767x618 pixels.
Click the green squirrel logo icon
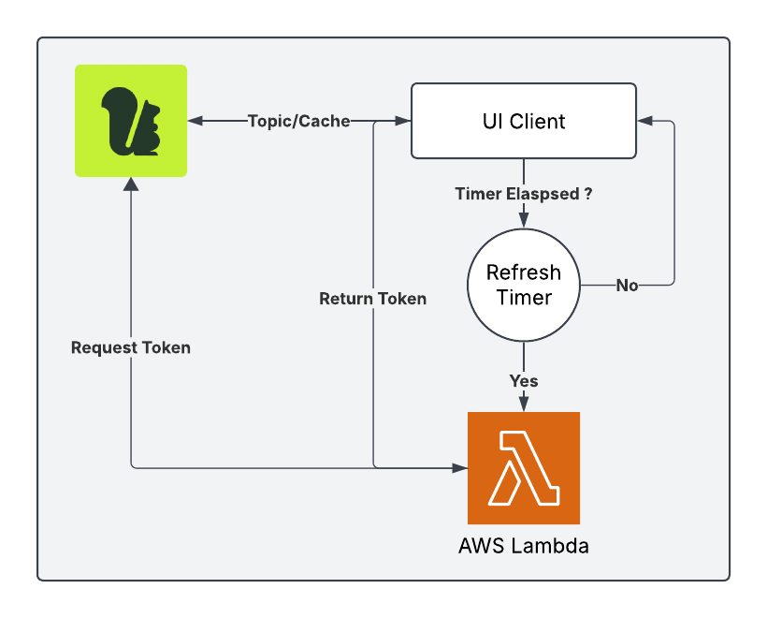click(131, 121)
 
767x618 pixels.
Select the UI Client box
click(524, 121)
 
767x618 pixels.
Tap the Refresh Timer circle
click(524, 285)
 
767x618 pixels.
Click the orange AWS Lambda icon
click(524, 467)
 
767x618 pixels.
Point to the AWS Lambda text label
click(524, 546)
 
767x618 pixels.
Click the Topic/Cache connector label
click(299, 121)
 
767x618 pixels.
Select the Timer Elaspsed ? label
click(524, 195)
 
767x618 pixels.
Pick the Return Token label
click(373, 299)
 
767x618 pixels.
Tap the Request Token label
click(131, 347)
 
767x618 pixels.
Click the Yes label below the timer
click(524, 381)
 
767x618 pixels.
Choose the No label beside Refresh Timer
click(627, 286)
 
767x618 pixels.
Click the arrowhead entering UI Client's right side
click(644, 121)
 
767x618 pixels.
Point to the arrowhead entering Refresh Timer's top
click(524, 218)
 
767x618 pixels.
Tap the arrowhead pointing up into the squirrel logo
click(131, 184)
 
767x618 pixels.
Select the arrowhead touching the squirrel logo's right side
click(195, 121)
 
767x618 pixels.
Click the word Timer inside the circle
click(524, 298)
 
